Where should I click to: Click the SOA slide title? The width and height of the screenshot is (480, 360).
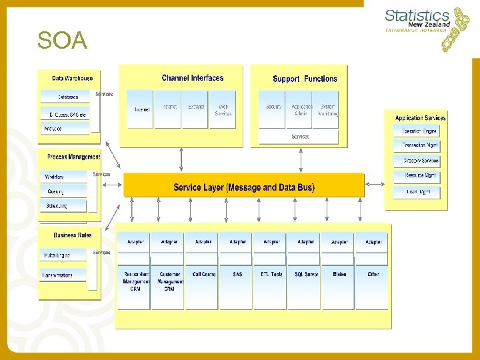[62, 41]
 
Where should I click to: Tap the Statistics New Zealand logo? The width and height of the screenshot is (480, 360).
[427, 28]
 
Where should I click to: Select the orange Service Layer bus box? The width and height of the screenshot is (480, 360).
[244, 187]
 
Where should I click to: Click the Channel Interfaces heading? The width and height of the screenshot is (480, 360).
[193, 78]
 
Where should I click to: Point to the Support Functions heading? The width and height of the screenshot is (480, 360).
[305, 79]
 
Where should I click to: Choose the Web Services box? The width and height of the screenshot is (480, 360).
[223, 109]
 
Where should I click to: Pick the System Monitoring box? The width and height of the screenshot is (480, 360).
[327, 109]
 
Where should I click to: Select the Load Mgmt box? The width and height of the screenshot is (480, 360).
[419, 192]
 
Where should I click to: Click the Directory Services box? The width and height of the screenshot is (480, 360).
[419, 161]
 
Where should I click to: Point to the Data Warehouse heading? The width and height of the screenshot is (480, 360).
[72, 78]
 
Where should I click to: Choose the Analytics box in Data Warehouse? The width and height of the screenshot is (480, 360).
[65, 128]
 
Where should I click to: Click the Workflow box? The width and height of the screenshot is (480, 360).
[65, 177]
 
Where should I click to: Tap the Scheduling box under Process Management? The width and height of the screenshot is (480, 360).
[65, 206]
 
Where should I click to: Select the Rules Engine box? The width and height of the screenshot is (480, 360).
[65, 254]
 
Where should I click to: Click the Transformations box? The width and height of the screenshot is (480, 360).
[65, 274]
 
